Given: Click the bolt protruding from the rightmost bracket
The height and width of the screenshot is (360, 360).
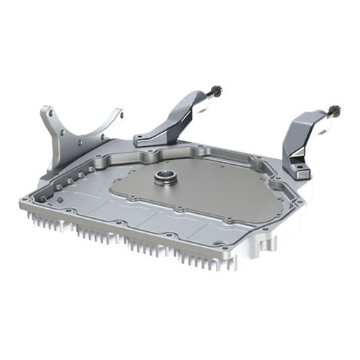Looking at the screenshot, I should click(336, 109).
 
